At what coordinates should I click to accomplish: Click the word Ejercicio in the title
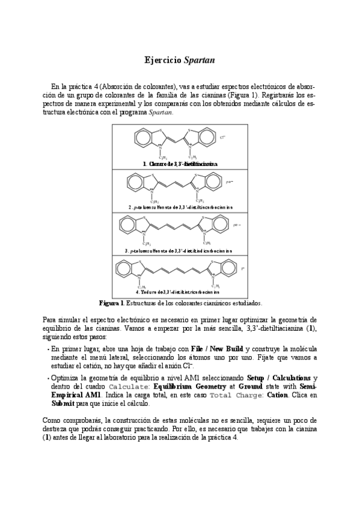click(x=163, y=61)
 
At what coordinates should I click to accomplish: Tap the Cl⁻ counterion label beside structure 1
click(x=222, y=138)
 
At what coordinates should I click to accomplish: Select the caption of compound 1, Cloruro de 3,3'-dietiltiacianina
click(x=180, y=164)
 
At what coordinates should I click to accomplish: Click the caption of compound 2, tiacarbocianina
click(x=180, y=207)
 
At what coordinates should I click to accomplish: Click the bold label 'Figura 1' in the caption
click(x=111, y=303)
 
